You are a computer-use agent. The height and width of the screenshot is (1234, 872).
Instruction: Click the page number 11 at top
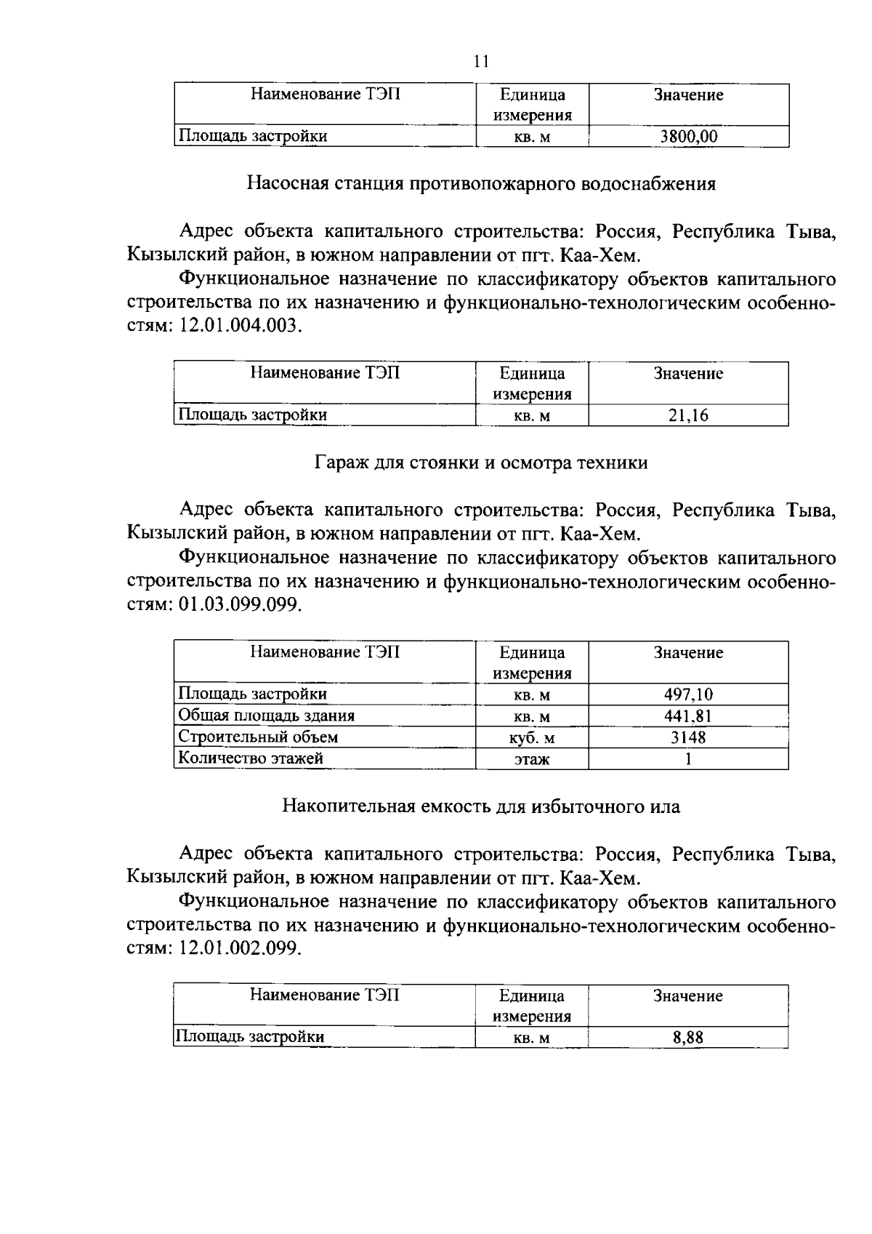pos(480,61)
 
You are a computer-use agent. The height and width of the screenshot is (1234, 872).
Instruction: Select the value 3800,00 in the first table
pos(688,136)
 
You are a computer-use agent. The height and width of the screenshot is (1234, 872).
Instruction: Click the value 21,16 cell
pos(688,415)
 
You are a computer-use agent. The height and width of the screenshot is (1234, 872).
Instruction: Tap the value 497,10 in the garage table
pos(688,694)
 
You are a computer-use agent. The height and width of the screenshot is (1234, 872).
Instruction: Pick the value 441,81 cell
pos(688,716)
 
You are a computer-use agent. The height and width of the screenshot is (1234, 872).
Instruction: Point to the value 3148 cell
pos(688,737)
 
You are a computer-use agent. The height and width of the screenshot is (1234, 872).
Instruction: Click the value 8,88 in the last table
pos(688,1038)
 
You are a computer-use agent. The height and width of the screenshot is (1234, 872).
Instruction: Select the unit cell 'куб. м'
pos(532,738)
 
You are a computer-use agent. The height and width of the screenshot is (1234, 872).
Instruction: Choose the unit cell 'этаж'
pos(532,760)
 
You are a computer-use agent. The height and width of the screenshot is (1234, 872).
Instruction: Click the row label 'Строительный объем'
pos(259,737)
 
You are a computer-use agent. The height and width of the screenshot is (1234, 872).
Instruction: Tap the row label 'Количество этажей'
pos(251,758)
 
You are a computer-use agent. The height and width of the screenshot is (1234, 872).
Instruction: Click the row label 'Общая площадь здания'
pos(267,716)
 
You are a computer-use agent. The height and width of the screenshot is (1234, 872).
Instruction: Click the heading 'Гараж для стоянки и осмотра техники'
pos(481,462)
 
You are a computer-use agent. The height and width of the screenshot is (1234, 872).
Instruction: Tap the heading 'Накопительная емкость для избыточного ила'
pos(481,806)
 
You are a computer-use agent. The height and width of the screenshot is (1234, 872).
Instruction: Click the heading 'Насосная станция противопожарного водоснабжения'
pos(481,184)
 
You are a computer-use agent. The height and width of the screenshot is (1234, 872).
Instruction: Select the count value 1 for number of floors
pos(688,759)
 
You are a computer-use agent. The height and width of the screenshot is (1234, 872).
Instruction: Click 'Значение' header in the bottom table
pos(688,996)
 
